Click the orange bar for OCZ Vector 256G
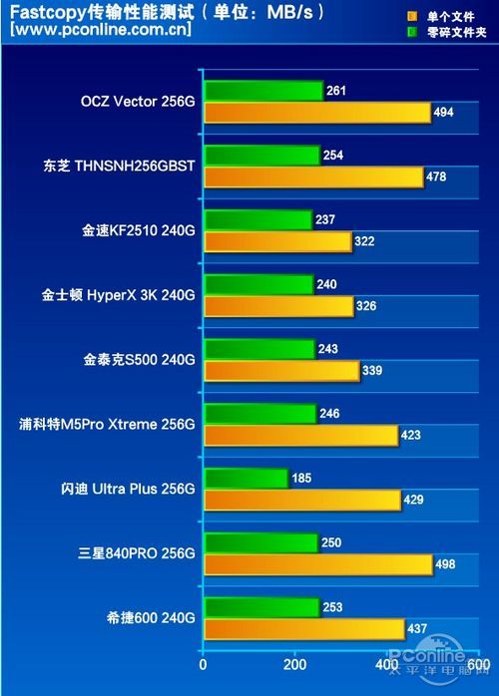tap(317, 113)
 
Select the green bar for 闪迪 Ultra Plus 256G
tap(246, 479)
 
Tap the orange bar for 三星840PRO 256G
tap(318, 564)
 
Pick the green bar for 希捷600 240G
tap(261, 607)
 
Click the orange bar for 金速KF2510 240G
tap(277, 241)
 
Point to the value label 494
tap(444, 113)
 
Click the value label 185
tap(302, 479)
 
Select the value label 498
tap(446, 564)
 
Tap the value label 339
tap(371, 371)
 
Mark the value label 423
tap(410, 435)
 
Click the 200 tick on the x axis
tap(294, 665)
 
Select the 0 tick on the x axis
tap(203, 665)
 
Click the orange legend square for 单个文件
tap(411, 17)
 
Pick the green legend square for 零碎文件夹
tap(411, 32)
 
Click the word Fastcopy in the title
tap(45, 12)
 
